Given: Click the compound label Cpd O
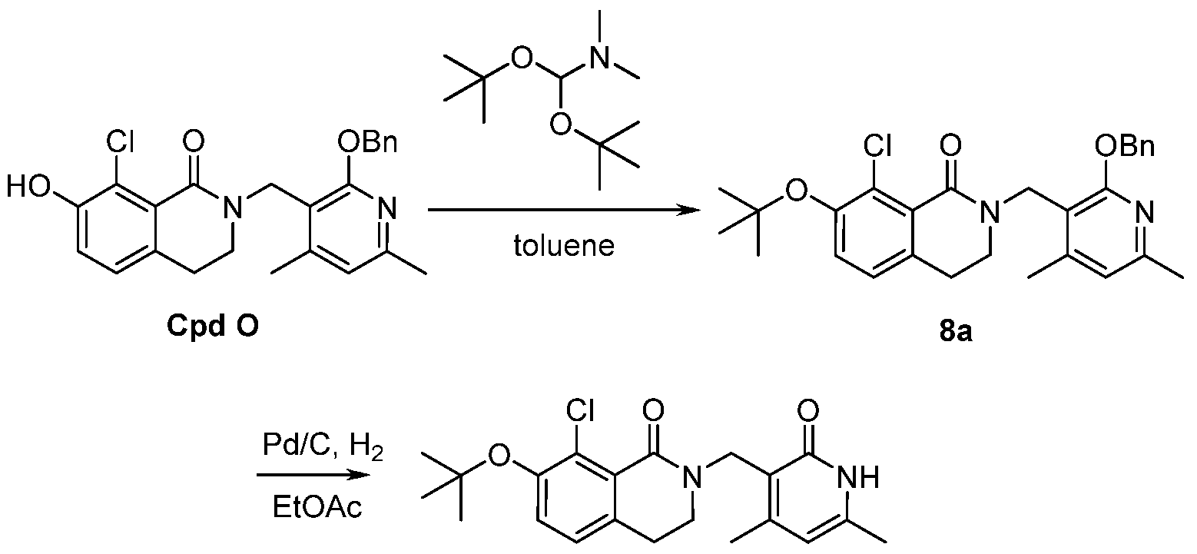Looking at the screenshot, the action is click(213, 327).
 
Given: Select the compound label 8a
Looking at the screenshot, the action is click(956, 331).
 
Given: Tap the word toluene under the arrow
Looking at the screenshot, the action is click(564, 246).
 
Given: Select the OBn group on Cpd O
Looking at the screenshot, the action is click(368, 142).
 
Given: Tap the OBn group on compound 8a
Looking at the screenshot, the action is click(1124, 145).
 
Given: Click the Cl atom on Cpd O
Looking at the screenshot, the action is click(120, 142).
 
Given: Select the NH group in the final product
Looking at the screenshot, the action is click(858, 476).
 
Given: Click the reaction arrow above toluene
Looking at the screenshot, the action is click(564, 210).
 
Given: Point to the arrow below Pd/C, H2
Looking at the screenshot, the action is click(313, 475).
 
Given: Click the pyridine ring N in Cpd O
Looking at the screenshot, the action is click(387, 209).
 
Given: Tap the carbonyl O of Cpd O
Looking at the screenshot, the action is click(194, 142).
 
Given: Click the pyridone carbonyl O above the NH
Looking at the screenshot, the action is click(807, 410).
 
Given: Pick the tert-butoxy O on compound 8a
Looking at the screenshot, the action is click(796, 191).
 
